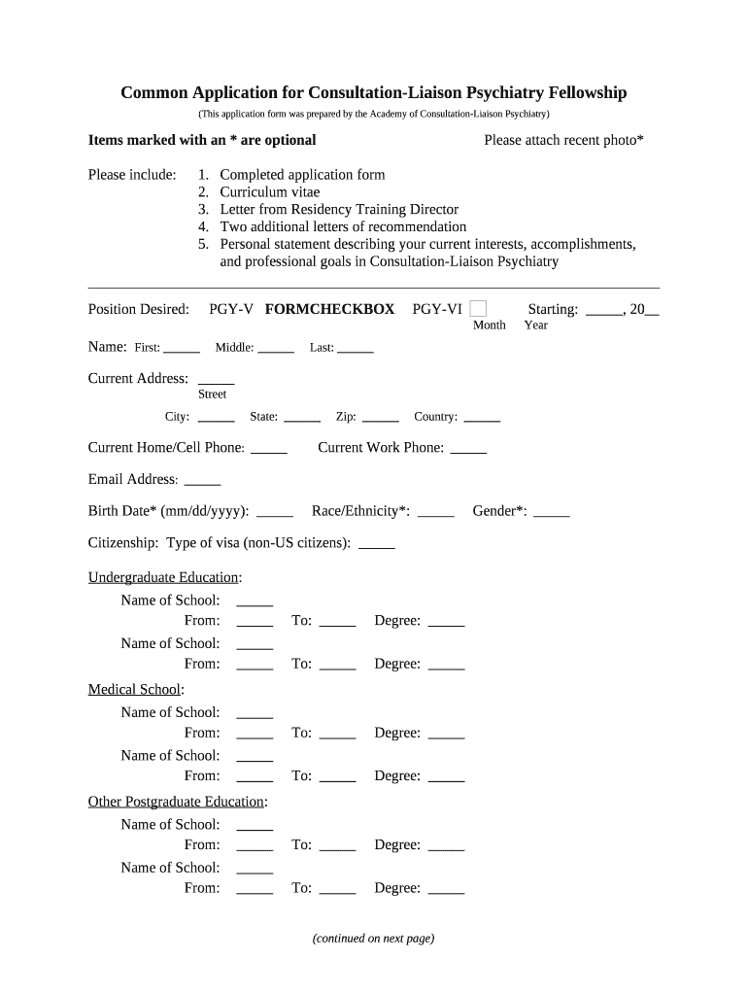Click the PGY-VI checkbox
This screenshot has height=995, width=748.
478,309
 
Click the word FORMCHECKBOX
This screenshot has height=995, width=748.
329,309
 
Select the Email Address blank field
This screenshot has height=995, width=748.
202,480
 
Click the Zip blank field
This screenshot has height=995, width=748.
381,418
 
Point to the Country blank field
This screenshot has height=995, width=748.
482,418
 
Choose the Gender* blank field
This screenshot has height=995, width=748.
552,512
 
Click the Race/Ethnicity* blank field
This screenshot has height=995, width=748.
436,512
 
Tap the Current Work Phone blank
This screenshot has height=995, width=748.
469,449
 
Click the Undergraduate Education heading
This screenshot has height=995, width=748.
164,577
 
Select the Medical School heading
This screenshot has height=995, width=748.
134,690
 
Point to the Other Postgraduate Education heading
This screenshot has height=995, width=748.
177,802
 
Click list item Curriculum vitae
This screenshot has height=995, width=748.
269,192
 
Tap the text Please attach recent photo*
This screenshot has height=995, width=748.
563,140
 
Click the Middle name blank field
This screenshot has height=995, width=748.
276,348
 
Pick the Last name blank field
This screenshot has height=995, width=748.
356,348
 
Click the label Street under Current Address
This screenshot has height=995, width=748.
212,395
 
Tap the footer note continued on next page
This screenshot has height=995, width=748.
373,939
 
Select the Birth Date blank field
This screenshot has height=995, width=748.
275,512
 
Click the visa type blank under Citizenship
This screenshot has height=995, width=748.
377,544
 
